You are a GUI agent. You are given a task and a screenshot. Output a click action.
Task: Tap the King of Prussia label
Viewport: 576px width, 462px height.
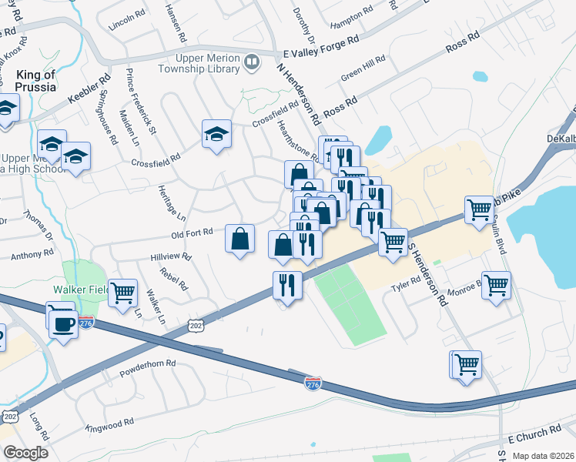35,81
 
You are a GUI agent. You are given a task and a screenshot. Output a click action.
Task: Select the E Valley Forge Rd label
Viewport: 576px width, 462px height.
321,47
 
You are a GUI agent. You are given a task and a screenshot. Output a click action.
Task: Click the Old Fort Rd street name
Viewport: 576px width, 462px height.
192,233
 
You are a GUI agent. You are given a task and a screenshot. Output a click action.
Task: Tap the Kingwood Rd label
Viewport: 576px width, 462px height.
110,424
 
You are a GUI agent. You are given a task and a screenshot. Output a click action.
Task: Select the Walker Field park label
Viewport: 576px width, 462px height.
79,290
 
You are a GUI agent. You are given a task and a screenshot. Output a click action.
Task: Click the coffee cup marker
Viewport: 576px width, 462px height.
62,323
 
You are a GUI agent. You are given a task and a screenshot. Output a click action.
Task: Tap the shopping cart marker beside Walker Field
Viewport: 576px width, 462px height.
122,293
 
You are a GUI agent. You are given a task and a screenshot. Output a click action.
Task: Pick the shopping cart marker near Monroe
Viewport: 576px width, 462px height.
496,285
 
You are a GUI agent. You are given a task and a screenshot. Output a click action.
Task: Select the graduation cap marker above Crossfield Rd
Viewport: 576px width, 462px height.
216,133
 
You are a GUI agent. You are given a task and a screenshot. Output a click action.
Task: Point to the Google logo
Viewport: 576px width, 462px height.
25,453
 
